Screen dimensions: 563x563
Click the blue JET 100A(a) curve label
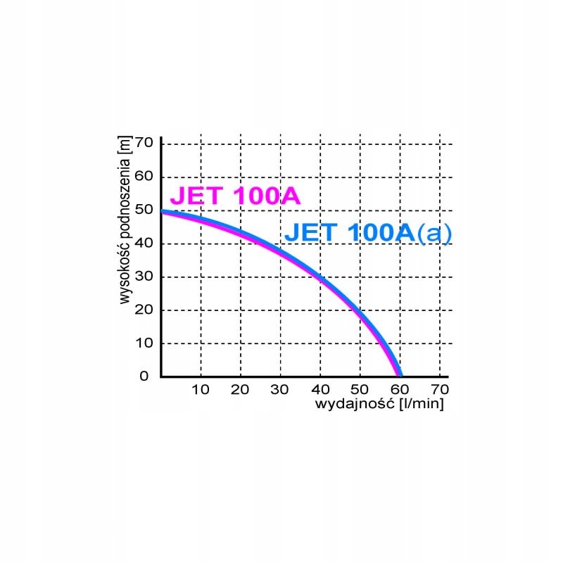[x=367, y=232]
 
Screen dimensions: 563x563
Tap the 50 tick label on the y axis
[x=144, y=210]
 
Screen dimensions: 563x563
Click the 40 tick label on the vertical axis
[x=144, y=243]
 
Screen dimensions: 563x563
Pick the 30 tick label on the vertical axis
[x=144, y=277]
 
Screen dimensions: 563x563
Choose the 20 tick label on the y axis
[x=144, y=310]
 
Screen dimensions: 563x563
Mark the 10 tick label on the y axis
[x=144, y=343]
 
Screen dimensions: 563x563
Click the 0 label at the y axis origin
[x=144, y=376]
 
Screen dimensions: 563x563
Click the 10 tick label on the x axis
[x=201, y=389]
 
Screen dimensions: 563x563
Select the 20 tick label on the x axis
[x=241, y=389]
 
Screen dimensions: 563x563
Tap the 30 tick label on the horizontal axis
[x=280, y=389]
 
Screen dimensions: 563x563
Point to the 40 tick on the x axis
[x=320, y=389]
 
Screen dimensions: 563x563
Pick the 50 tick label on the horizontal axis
[x=360, y=389]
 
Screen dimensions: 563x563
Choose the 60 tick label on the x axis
[x=399, y=389]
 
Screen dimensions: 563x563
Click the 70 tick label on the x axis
[x=439, y=389]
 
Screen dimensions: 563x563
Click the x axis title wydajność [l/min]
[x=379, y=405]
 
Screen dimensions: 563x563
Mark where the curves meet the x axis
[x=398, y=375]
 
